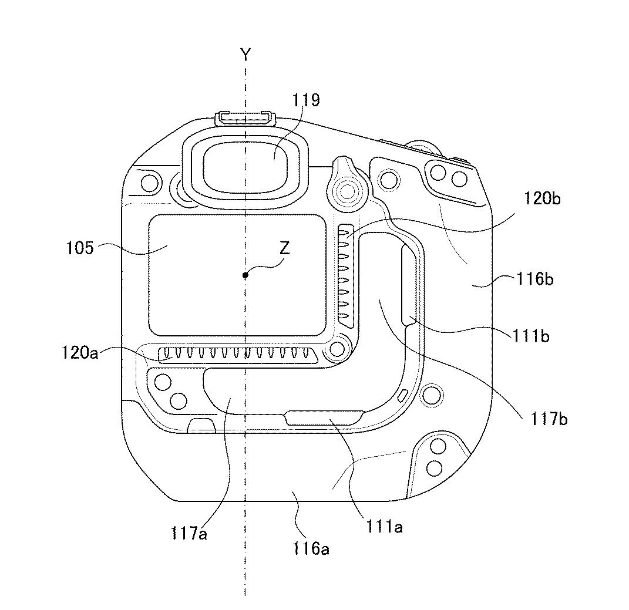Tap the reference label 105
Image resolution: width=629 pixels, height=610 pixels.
(x=79, y=248)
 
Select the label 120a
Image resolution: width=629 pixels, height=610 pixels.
(x=79, y=353)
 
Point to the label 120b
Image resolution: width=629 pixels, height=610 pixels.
(x=542, y=198)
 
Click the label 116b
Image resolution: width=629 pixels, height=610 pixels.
(x=535, y=278)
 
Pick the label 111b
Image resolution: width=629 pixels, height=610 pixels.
(x=531, y=336)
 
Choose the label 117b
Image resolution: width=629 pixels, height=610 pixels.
(x=549, y=419)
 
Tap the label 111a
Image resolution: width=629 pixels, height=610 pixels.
(x=384, y=526)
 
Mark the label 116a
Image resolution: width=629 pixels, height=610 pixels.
(x=311, y=548)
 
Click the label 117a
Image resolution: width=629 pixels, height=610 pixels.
(x=189, y=533)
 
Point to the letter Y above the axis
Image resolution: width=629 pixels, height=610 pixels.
(x=245, y=54)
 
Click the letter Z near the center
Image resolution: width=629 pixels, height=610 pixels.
(x=284, y=249)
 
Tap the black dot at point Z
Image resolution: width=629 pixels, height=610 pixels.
(x=245, y=275)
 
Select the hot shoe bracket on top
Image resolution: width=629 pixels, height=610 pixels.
(x=246, y=119)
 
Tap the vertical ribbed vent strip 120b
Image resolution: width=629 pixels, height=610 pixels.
(x=345, y=272)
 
